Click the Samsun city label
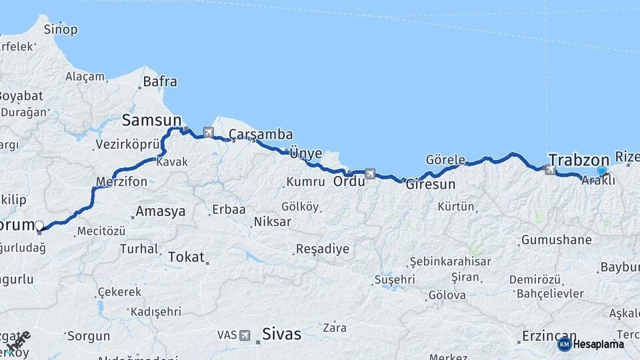click(x=151, y=120)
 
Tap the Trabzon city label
click(x=579, y=160)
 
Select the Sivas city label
click(x=281, y=333)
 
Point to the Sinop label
click(x=61, y=29)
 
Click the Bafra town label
click(x=161, y=82)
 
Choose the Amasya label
click(x=160, y=212)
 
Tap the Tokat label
click(x=186, y=257)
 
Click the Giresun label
click(x=431, y=185)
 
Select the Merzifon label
click(x=121, y=181)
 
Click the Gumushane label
click(x=557, y=239)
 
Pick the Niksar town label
click(x=273, y=221)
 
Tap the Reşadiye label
click(x=322, y=249)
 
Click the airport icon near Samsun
click(x=209, y=132)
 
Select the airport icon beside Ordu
click(x=370, y=175)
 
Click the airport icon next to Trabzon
click(x=550, y=169)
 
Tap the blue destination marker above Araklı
click(x=602, y=171)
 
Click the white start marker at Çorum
click(x=39, y=225)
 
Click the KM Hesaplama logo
click(x=591, y=344)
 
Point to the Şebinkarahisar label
click(x=450, y=262)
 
